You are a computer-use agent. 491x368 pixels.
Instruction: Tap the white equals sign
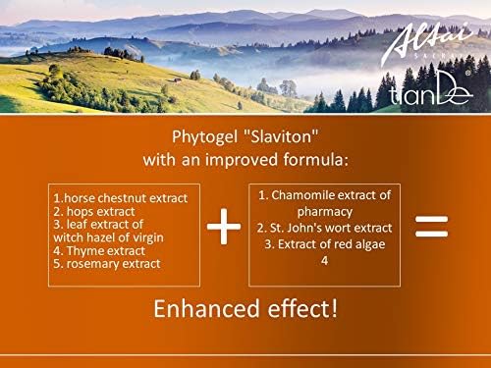coord(432,227)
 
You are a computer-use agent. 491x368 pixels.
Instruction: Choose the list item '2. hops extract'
coord(96,212)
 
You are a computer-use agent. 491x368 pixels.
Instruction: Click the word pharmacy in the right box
coord(324,212)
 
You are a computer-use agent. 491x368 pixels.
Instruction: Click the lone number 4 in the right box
coord(323,260)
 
